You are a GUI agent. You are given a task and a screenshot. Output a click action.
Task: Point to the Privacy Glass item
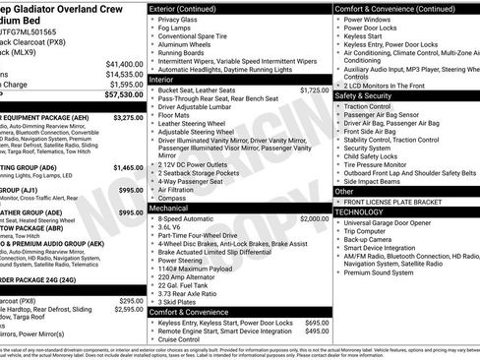[x=177, y=20]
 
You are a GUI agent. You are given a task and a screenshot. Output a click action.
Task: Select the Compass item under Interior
[x=173, y=199]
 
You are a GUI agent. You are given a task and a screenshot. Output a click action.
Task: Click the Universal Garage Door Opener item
[x=398, y=222]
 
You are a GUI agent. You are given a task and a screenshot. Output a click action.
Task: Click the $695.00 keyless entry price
[x=317, y=322]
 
